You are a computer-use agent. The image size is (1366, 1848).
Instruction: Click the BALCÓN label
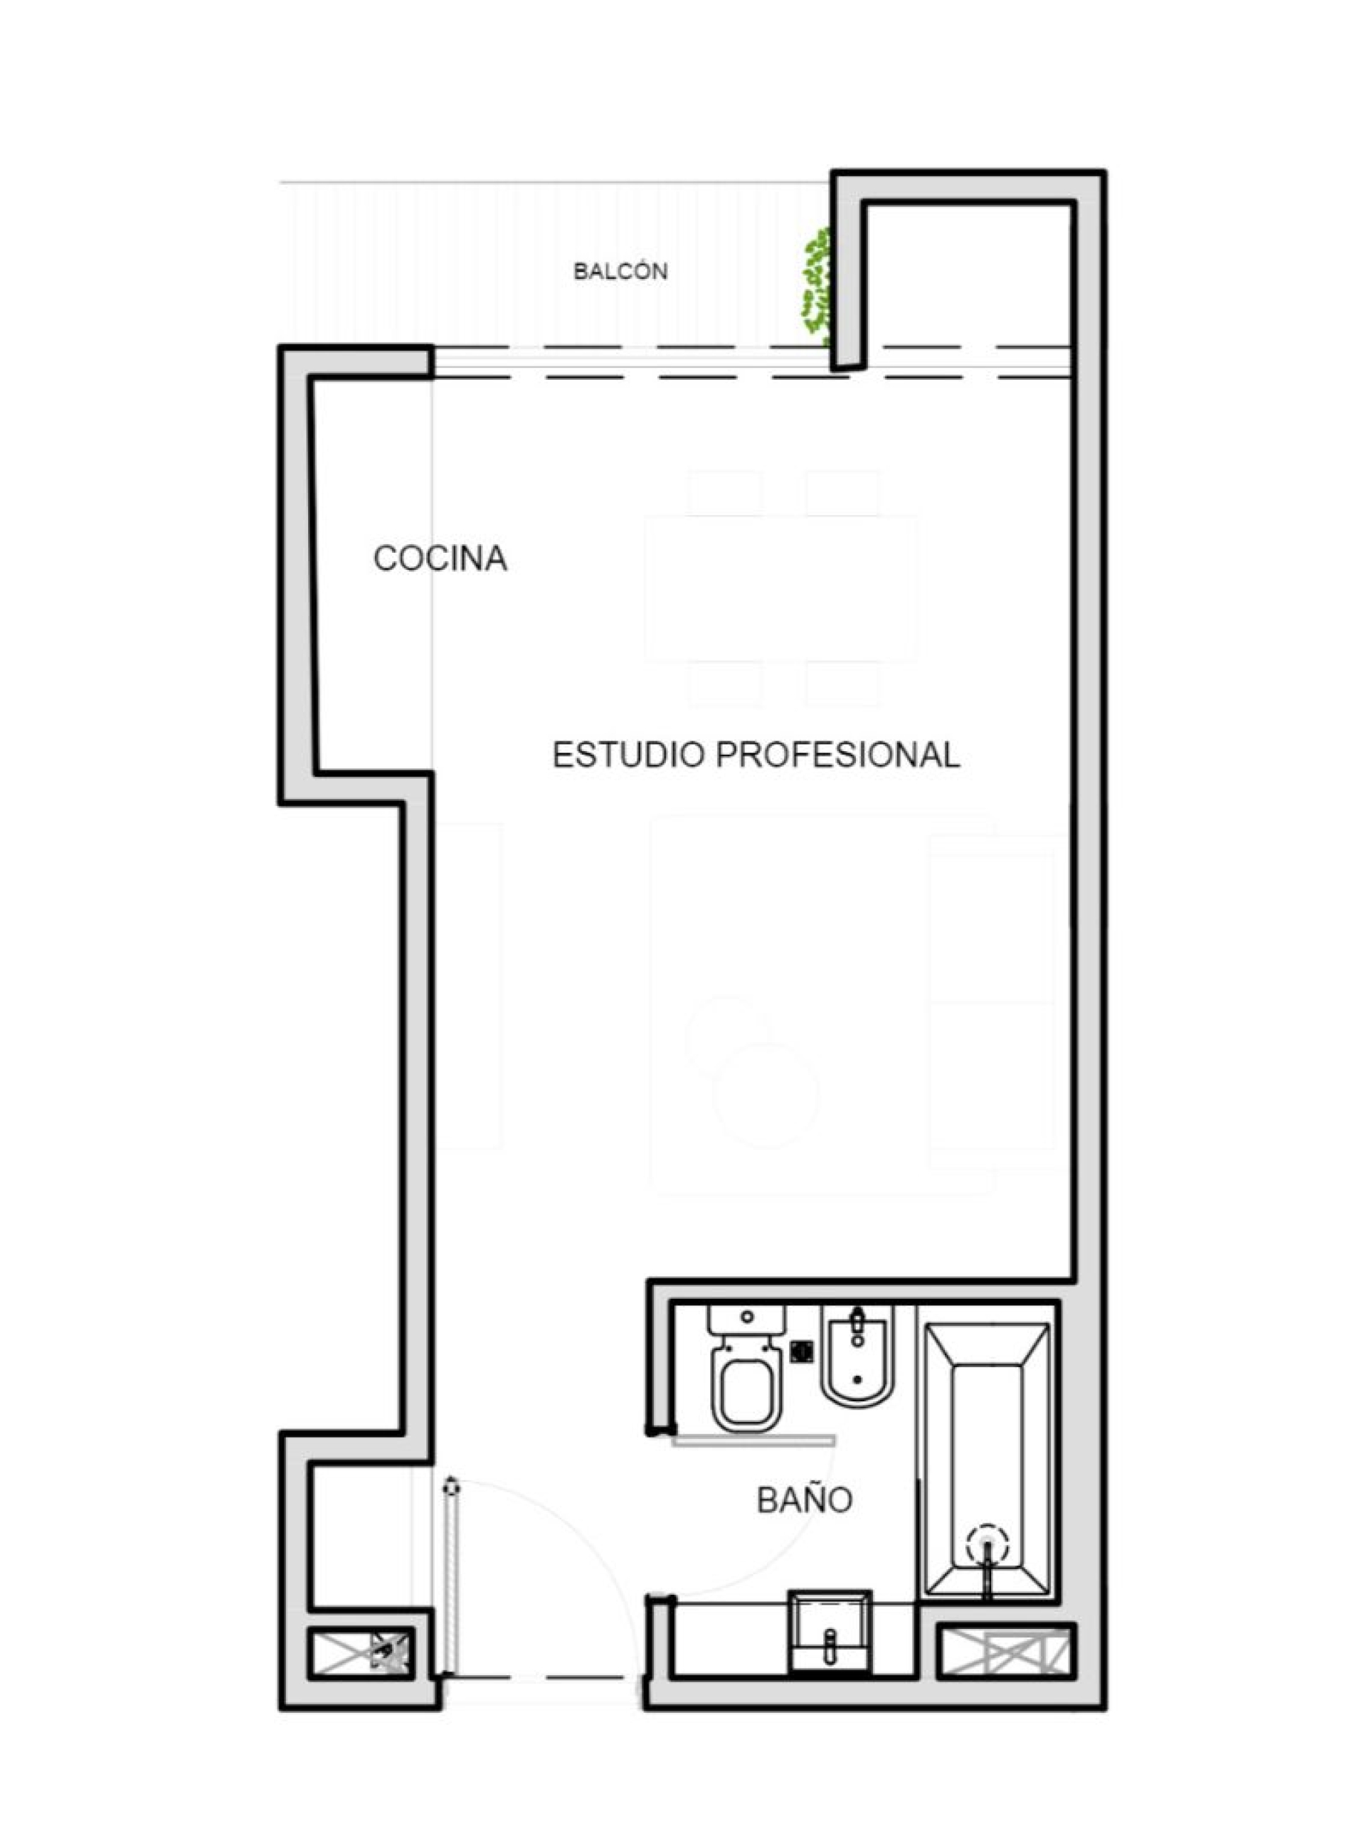[620, 271]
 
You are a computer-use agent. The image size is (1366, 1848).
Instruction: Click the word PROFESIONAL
[838, 755]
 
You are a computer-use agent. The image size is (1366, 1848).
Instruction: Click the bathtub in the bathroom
[987, 1459]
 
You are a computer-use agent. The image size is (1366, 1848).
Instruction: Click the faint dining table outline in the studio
[780, 589]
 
